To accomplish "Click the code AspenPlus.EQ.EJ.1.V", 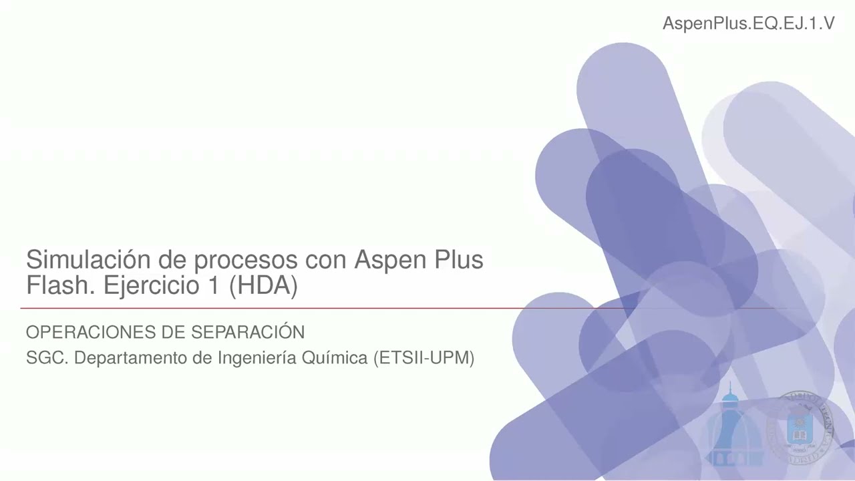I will click(x=748, y=23).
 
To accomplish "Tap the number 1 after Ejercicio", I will click(x=210, y=286).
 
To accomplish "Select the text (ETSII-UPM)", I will click(x=424, y=359).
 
